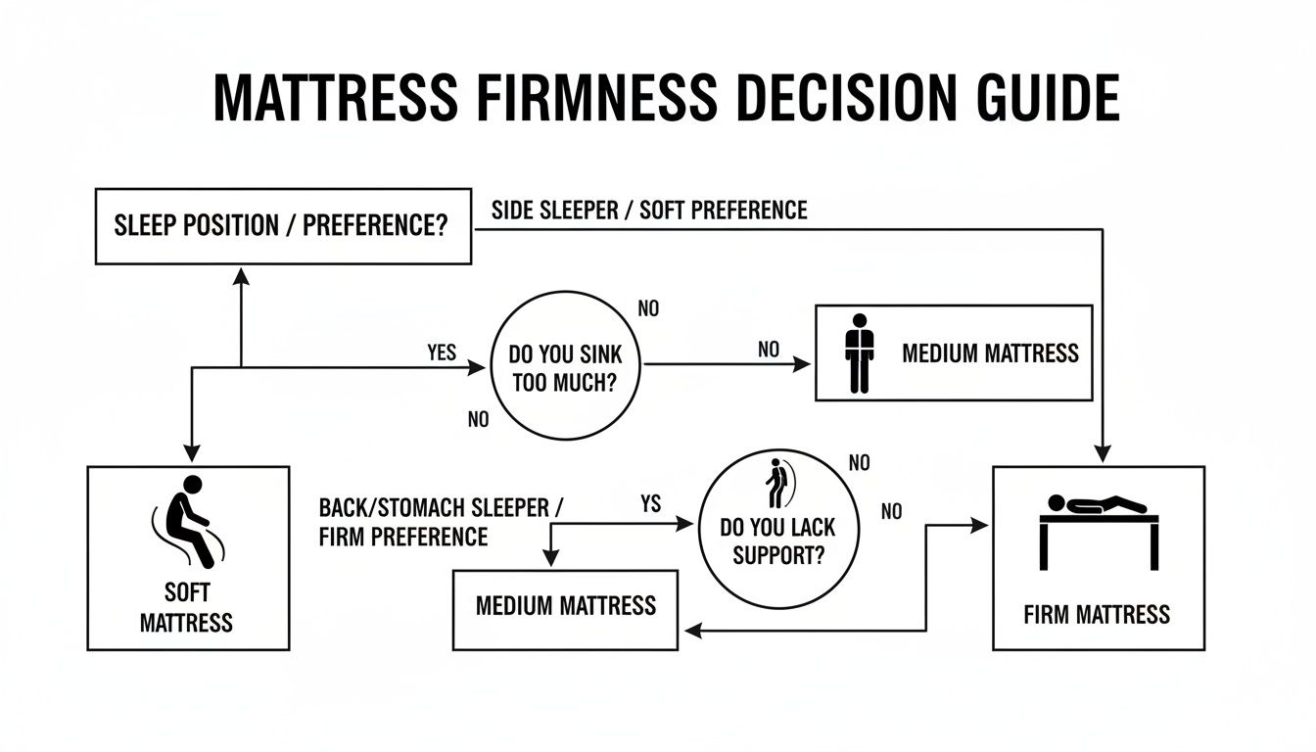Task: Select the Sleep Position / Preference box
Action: coord(283,227)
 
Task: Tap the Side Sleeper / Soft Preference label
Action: coord(647,210)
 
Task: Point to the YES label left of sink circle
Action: coord(442,352)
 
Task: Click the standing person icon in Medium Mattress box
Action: coord(859,352)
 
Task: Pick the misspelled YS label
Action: coord(650,504)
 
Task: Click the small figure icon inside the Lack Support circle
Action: coord(777,484)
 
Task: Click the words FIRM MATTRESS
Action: coord(1097,615)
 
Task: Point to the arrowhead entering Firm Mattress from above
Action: coord(1103,454)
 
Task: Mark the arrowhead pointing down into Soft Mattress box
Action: coord(192,453)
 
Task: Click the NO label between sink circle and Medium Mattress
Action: coord(770,349)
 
